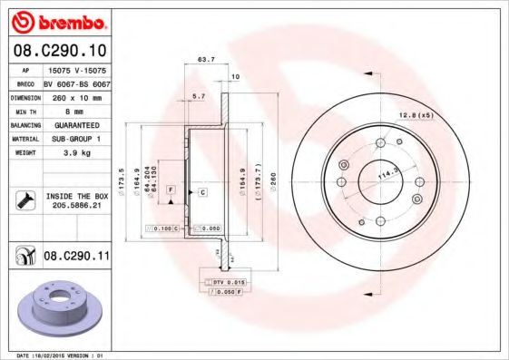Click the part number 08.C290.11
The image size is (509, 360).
click(77, 258)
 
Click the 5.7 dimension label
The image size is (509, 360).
click(200, 95)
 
